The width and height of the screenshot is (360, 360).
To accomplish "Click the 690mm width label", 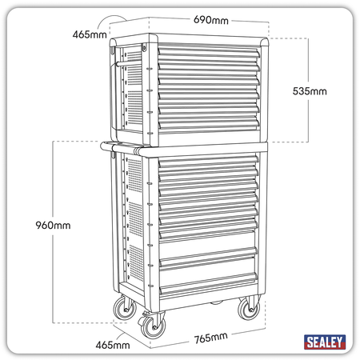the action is click(x=211, y=20).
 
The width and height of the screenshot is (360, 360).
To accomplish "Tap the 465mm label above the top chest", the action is click(x=90, y=34).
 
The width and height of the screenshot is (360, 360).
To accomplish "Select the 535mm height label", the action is click(x=310, y=91).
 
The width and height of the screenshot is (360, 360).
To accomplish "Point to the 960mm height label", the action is click(x=53, y=226).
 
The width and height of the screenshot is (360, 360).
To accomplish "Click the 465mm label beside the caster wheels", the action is click(x=113, y=345).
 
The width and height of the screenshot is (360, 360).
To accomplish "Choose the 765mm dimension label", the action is click(x=211, y=338).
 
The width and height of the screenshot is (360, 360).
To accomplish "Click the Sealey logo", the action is click(x=325, y=342).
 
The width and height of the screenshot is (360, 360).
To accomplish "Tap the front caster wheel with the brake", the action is click(x=153, y=326).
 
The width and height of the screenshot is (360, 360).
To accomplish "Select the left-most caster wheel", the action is click(x=125, y=307).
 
